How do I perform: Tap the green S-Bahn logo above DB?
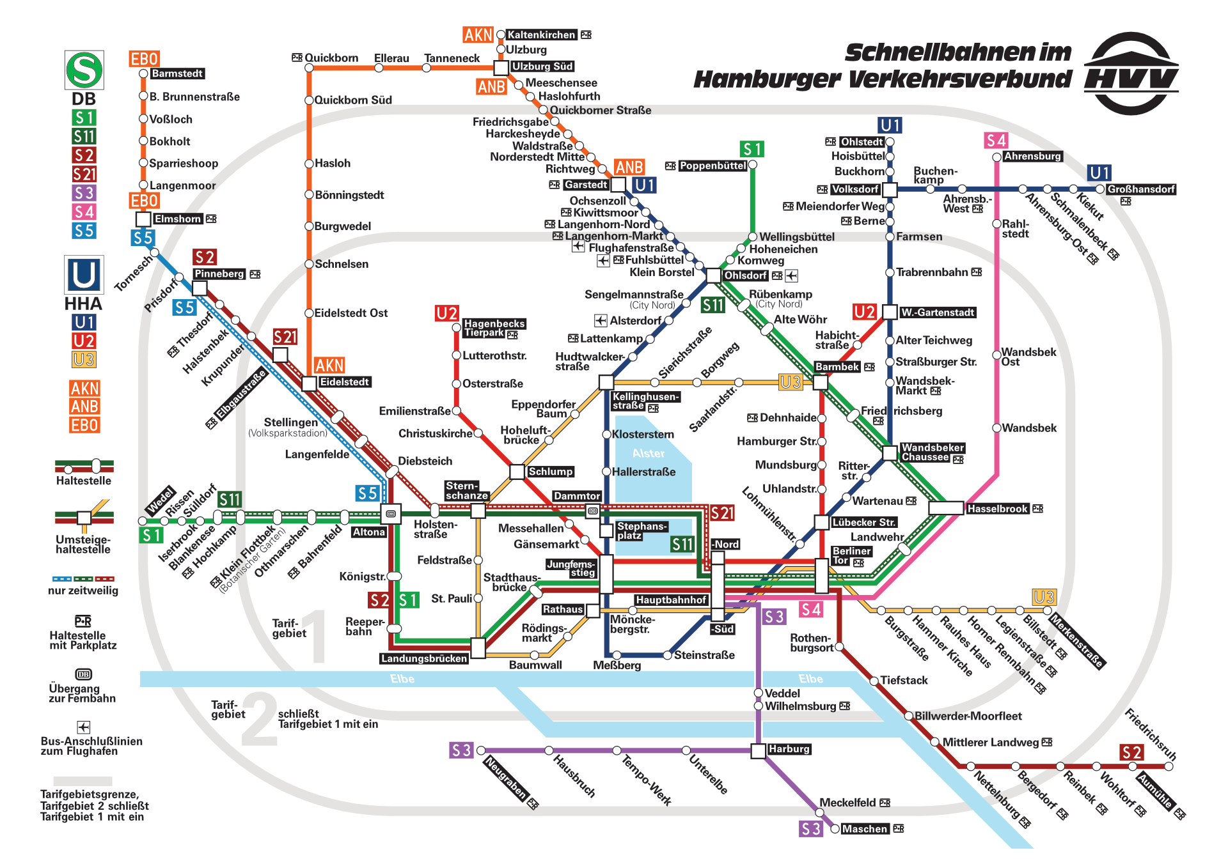84,70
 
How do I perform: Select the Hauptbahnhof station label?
671,600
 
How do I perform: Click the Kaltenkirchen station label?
541,35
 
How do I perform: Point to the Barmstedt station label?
177,73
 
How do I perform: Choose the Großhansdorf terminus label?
1141,189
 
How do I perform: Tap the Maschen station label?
865,829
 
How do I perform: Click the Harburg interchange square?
758,750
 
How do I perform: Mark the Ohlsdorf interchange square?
714,275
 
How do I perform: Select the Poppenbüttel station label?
712,166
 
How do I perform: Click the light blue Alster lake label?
649,453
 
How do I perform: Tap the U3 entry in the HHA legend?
84,360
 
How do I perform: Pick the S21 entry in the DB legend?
84,174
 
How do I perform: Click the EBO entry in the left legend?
84,425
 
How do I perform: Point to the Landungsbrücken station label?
424,658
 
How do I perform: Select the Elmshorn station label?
178,219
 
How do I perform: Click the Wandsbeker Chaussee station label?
932,452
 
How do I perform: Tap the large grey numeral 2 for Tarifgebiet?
260,720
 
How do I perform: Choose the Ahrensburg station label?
1032,156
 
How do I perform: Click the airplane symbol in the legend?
84,727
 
